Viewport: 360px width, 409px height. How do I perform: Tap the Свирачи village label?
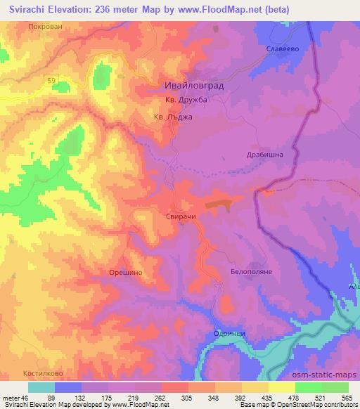pos(181,218)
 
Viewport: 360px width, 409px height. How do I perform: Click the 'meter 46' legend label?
pos(15,398)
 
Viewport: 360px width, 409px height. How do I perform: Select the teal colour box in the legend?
pos(41,387)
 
